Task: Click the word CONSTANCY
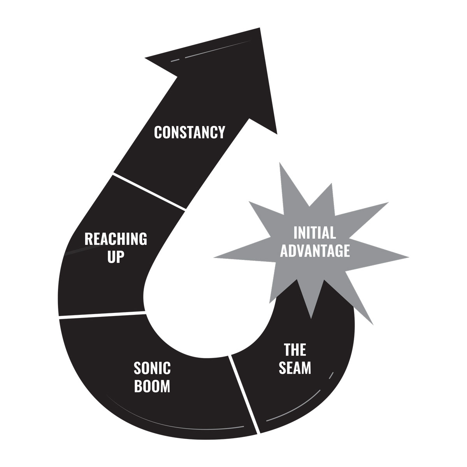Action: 190,132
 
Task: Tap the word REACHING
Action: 116,239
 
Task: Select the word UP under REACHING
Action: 116,257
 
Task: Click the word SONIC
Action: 152,368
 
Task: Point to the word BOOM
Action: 152,386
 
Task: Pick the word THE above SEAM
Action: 295,350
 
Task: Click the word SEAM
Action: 295,368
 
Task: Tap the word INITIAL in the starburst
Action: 314,233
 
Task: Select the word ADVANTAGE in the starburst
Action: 315,251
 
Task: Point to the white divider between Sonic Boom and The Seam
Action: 244,393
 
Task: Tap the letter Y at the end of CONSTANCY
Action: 221,132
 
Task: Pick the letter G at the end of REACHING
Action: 143,239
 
